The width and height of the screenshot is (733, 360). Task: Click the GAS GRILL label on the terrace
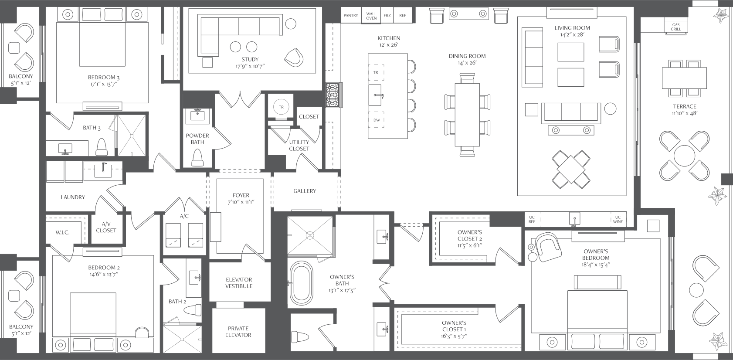pos(676,27)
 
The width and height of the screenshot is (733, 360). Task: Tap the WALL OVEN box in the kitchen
pos(371,16)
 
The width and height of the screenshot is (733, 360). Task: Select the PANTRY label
pos(351,15)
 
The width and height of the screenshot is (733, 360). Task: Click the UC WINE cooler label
pos(618,220)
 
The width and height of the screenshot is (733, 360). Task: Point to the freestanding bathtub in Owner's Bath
pos(302,283)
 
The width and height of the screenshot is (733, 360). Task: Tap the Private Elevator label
pos(238,332)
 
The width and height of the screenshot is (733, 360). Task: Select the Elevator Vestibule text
pos(239,283)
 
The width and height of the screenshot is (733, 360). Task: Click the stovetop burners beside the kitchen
pos(334,95)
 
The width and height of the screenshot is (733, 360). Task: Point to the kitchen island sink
pos(375,95)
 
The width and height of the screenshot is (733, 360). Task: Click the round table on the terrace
pos(684,156)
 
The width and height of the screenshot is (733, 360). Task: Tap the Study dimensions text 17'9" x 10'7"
pos(250,66)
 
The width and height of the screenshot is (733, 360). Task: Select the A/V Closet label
pos(106,227)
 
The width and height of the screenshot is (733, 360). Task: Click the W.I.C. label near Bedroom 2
pos(62,232)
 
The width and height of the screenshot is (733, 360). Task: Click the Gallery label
pos(305,191)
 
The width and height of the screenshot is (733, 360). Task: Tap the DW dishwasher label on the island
pos(377,120)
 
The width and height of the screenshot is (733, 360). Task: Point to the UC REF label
pos(532,220)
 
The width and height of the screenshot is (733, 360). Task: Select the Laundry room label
pos(73,197)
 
